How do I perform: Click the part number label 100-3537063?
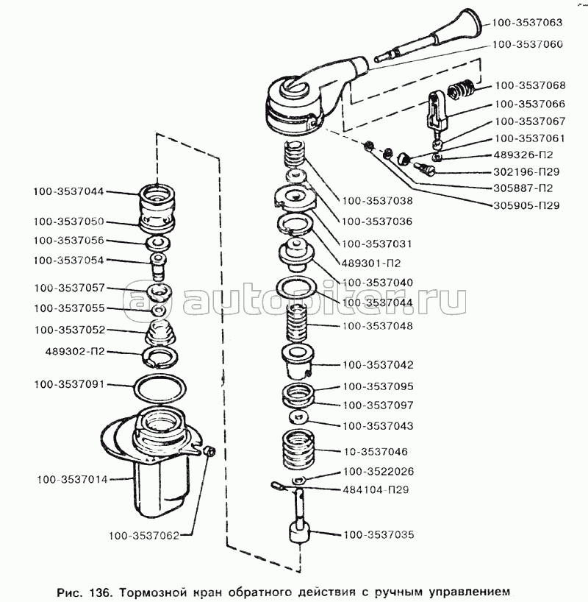coord(527,22)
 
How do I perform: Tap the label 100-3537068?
coord(530,85)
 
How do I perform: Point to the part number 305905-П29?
coord(526,205)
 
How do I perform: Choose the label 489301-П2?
coord(371,263)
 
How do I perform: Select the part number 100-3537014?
coord(72,480)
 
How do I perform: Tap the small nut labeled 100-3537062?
coord(210,452)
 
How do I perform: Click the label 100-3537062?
coord(144,536)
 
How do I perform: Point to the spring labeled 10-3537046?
coord(298,450)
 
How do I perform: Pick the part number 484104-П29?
coord(376,490)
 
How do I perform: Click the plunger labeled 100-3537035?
coord(299,515)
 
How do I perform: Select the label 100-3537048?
coord(378,326)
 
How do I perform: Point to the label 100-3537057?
coord(69,288)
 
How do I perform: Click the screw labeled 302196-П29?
coord(424,169)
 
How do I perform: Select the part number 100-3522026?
coord(379,471)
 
